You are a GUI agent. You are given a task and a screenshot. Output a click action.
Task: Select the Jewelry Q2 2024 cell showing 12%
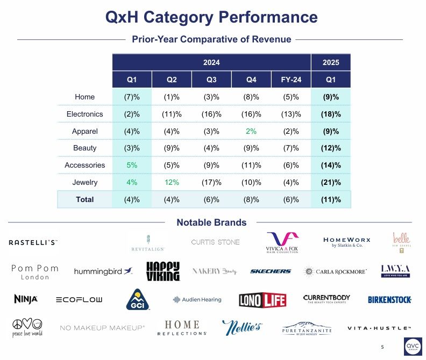tap(172, 182)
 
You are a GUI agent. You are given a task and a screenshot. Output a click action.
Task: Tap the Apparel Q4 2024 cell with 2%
tap(251, 131)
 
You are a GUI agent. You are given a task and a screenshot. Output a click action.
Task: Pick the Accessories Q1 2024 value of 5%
tap(132, 165)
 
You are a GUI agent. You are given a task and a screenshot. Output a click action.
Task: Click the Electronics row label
tap(85, 114)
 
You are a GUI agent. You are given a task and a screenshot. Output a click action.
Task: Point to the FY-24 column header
tap(291, 80)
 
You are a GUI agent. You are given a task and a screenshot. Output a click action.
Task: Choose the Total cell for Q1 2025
tap(331, 199)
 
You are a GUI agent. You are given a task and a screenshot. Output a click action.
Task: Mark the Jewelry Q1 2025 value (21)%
tap(331, 182)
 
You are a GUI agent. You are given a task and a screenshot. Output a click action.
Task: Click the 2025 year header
tap(331, 62)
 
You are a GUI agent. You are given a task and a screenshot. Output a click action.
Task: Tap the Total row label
tap(85, 199)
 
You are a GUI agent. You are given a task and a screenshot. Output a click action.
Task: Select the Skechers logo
tap(271, 271)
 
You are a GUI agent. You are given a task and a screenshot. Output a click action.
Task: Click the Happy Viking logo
tap(163, 271)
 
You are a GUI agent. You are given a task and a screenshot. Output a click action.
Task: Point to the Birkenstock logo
tap(390, 300)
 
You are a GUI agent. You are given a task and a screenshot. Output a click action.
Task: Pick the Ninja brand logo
tap(26, 299)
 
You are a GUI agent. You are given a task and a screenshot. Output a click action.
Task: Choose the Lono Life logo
tap(262, 300)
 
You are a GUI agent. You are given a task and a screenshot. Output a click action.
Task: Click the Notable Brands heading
tap(211, 222)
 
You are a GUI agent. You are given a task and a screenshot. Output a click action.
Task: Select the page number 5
tap(382, 347)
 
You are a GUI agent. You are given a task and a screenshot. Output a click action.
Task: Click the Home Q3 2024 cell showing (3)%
tap(211, 97)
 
